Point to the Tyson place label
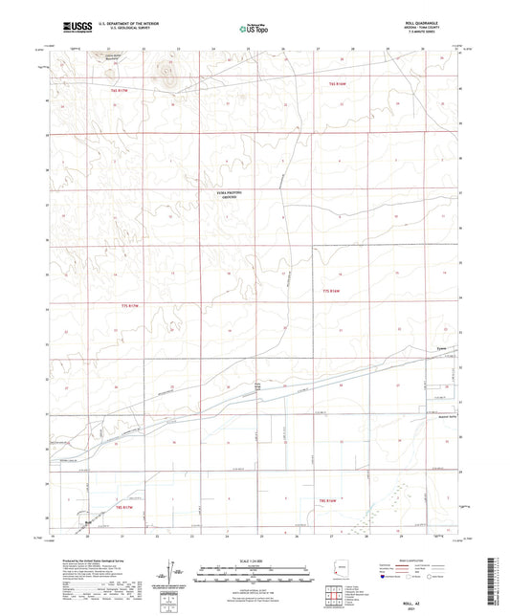coord(441,347)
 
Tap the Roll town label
coord(86,522)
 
